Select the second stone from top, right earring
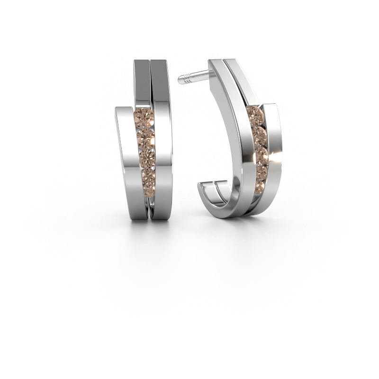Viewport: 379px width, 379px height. point(259,134)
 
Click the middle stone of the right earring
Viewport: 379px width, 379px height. point(261,153)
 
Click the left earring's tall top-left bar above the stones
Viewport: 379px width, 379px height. point(142,81)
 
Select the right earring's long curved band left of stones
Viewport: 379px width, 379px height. point(232,142)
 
